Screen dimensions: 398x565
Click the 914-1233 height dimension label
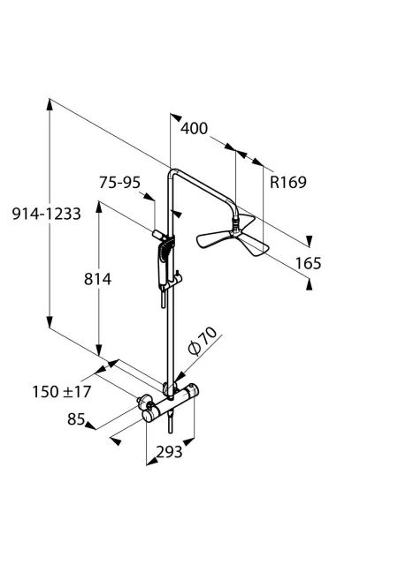click(x=46, y=214)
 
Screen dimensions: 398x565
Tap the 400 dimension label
click(x=195, y=128)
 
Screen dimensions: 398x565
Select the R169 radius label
click(x=288, y=182)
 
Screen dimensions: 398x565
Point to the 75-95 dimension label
click(x=119, y=183)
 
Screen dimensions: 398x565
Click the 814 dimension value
click(x=98, y=279)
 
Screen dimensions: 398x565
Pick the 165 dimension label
click(x=308, y=263)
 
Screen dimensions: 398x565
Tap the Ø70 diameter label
click(x=203, y=341)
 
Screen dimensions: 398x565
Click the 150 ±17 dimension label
click(x=62, y=392)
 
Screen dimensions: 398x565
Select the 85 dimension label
click(x=76, y=419)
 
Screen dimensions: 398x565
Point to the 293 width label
click(x=169, y=451)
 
